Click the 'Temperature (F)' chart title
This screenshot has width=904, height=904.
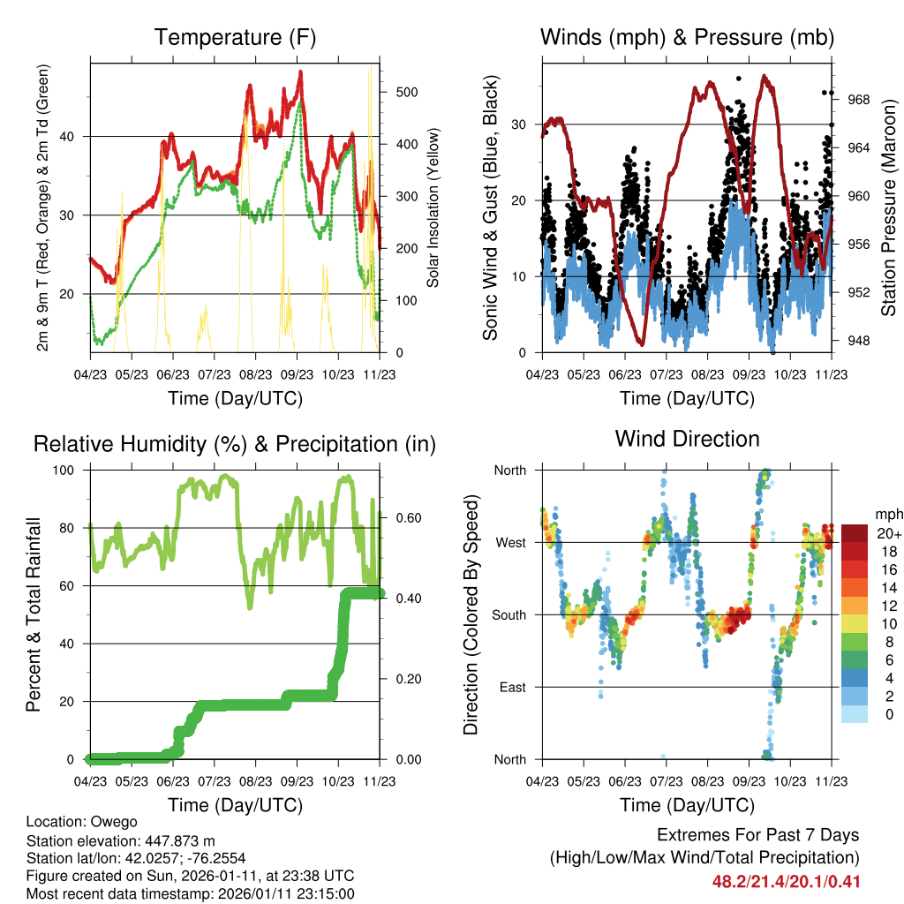[235, 38]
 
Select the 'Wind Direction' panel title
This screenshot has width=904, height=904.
[687, 439]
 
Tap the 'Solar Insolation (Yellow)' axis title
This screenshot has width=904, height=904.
[433, 208]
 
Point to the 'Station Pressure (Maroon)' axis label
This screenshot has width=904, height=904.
[888, 208]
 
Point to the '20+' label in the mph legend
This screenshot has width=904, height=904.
[889, 533]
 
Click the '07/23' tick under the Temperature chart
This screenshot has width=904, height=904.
[214, 373]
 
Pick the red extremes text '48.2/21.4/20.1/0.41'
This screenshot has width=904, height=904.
[786, 881]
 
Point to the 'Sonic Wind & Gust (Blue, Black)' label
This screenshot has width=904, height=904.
[491, 208]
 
